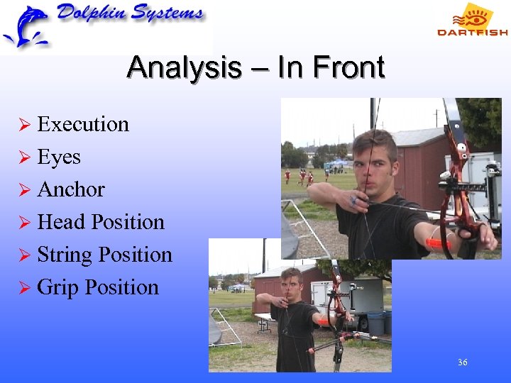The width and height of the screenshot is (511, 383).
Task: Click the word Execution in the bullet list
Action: click(83, 124)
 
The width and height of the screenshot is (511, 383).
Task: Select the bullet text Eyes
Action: click(59, 157)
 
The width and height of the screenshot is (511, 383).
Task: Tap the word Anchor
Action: click(71, 189)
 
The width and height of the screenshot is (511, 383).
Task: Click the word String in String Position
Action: click(65, 255)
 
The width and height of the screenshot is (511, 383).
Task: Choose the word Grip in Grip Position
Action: click(58, 287)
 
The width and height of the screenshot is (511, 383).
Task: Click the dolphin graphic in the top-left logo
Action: click(26, 27)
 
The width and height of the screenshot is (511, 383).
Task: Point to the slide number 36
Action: click(462, 362)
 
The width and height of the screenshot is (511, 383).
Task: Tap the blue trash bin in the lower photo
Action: click(376, 323)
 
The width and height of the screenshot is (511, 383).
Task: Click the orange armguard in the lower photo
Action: click(324, 321)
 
